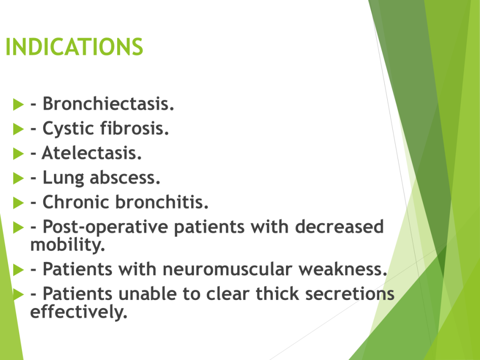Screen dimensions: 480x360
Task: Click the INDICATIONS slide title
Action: click(x=75, y=47)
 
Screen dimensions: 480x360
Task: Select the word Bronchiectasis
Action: click(x=108, y=104)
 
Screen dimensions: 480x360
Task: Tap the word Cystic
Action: click(x=68, y=129)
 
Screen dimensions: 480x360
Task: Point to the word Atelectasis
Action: click(x=91, y=153)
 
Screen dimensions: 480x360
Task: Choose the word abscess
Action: click(x=125, y=178)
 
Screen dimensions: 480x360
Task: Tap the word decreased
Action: click(x=339, y=226)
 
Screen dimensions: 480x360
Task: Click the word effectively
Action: click(x=79, y=312)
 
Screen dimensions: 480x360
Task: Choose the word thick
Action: click(x=277, y=294)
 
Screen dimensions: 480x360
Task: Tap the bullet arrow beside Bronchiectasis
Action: click(x=18, y=105)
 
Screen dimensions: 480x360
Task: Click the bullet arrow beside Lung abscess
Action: click(x=18, y=178)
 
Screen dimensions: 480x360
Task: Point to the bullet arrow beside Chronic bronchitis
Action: click(x=18, y=202)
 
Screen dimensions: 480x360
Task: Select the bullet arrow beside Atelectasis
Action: click(x=18, y=153)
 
